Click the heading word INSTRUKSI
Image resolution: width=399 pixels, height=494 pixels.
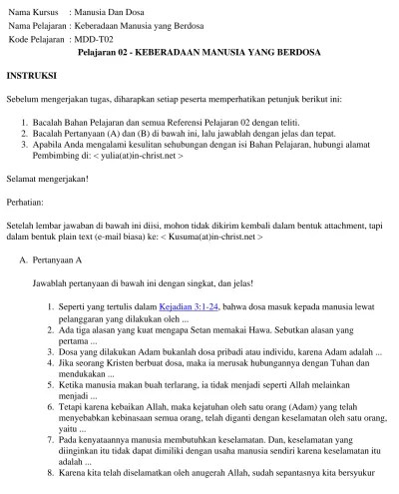pyautogui.click(x=32, y=76)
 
